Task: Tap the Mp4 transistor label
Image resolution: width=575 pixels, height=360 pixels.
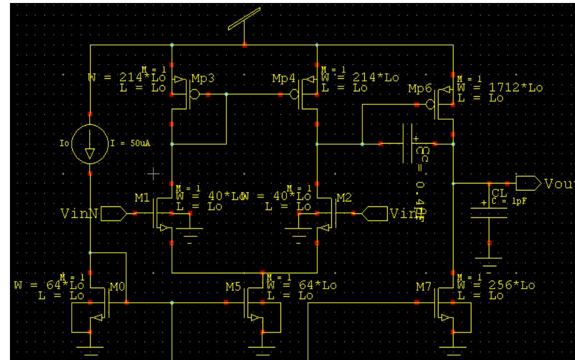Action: coord(282,79)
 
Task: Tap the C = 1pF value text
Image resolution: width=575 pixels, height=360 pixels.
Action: coord(505,201)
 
